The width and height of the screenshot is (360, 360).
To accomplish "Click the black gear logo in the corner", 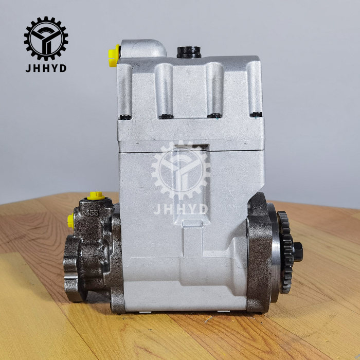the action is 46,39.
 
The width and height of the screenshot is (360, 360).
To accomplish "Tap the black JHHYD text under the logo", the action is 46,68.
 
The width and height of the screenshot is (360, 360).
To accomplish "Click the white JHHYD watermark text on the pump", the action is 181,209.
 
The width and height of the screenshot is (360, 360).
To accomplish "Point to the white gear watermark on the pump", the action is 181,170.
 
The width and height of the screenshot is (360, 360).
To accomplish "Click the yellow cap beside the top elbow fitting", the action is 114,56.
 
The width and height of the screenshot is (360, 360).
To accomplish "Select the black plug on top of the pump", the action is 189,52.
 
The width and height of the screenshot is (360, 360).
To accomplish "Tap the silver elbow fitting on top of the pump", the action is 143,49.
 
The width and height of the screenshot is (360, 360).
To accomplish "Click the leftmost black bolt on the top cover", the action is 125,117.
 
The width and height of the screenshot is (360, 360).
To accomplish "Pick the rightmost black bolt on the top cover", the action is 256,114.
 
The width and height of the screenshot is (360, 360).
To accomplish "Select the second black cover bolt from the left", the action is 166,116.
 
